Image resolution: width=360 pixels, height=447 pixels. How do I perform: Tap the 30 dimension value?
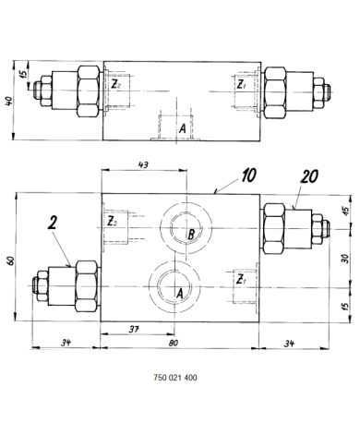pyautogui.click(x=344, y=260)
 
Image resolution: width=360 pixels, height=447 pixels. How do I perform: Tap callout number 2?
pyautogui.click(x=53, y=223)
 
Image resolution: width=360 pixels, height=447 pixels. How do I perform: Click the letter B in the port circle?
pyautogui.click(x=190, y=236)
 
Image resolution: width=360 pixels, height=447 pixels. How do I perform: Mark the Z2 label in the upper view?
pyautogui.click(x=114, y=85)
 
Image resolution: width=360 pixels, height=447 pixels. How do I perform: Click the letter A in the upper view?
pyautogui.click(x=183, y=128)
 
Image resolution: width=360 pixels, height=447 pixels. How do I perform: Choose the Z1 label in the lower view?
pyautogui.click(x=240, y=279)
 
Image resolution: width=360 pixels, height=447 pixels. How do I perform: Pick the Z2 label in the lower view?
pyautogui.click(x=112, y=222)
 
